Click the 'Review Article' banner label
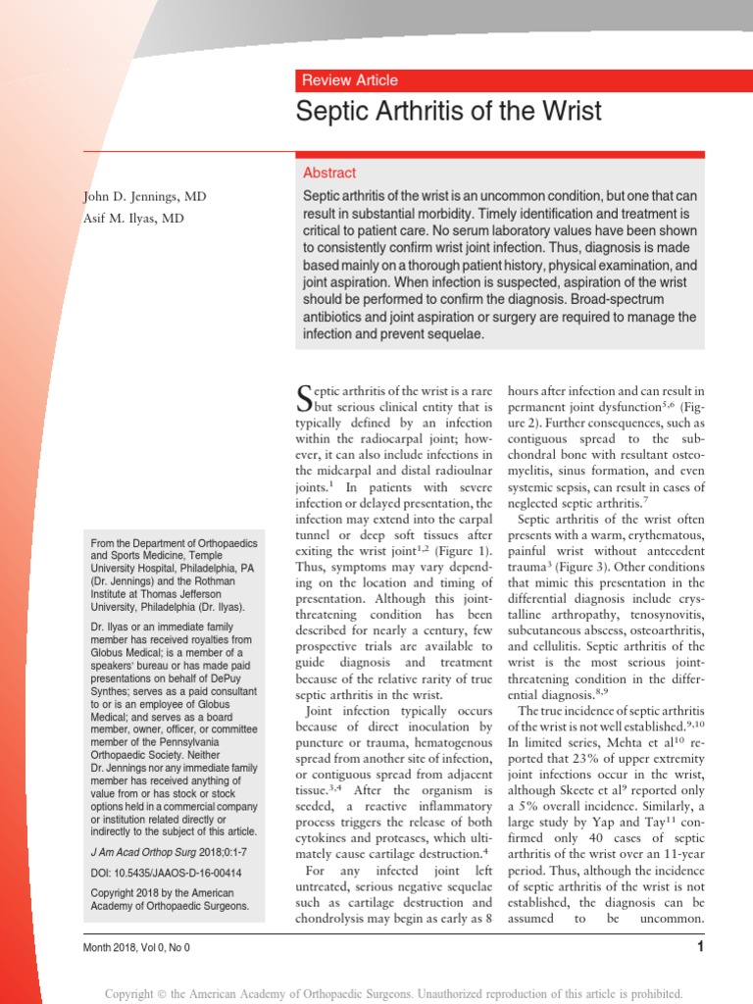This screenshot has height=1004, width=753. pyautogui.click(x=349, y=80)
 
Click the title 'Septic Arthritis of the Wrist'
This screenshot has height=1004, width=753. pyautogui.click(x=448, y=111)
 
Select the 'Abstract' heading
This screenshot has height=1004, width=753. pyautogui.click(x=329, y=173)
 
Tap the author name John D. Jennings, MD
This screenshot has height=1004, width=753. pyautogui.click(x=144, y=197)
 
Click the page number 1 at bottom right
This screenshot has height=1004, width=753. pyautogui.click(x=700, y=946)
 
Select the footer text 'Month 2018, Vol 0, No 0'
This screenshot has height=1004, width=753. pyautogui.click(x=138, y=947)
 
